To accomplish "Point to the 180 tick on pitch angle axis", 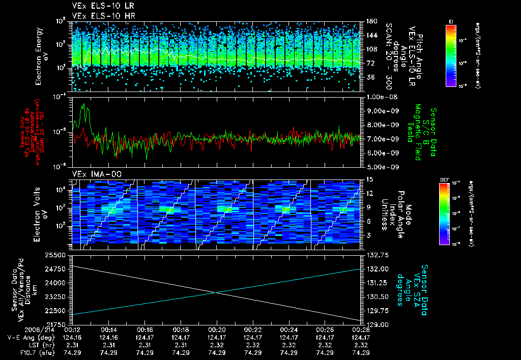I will (x=370, y=21).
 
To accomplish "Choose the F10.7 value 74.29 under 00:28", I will (x=361, y=352).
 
